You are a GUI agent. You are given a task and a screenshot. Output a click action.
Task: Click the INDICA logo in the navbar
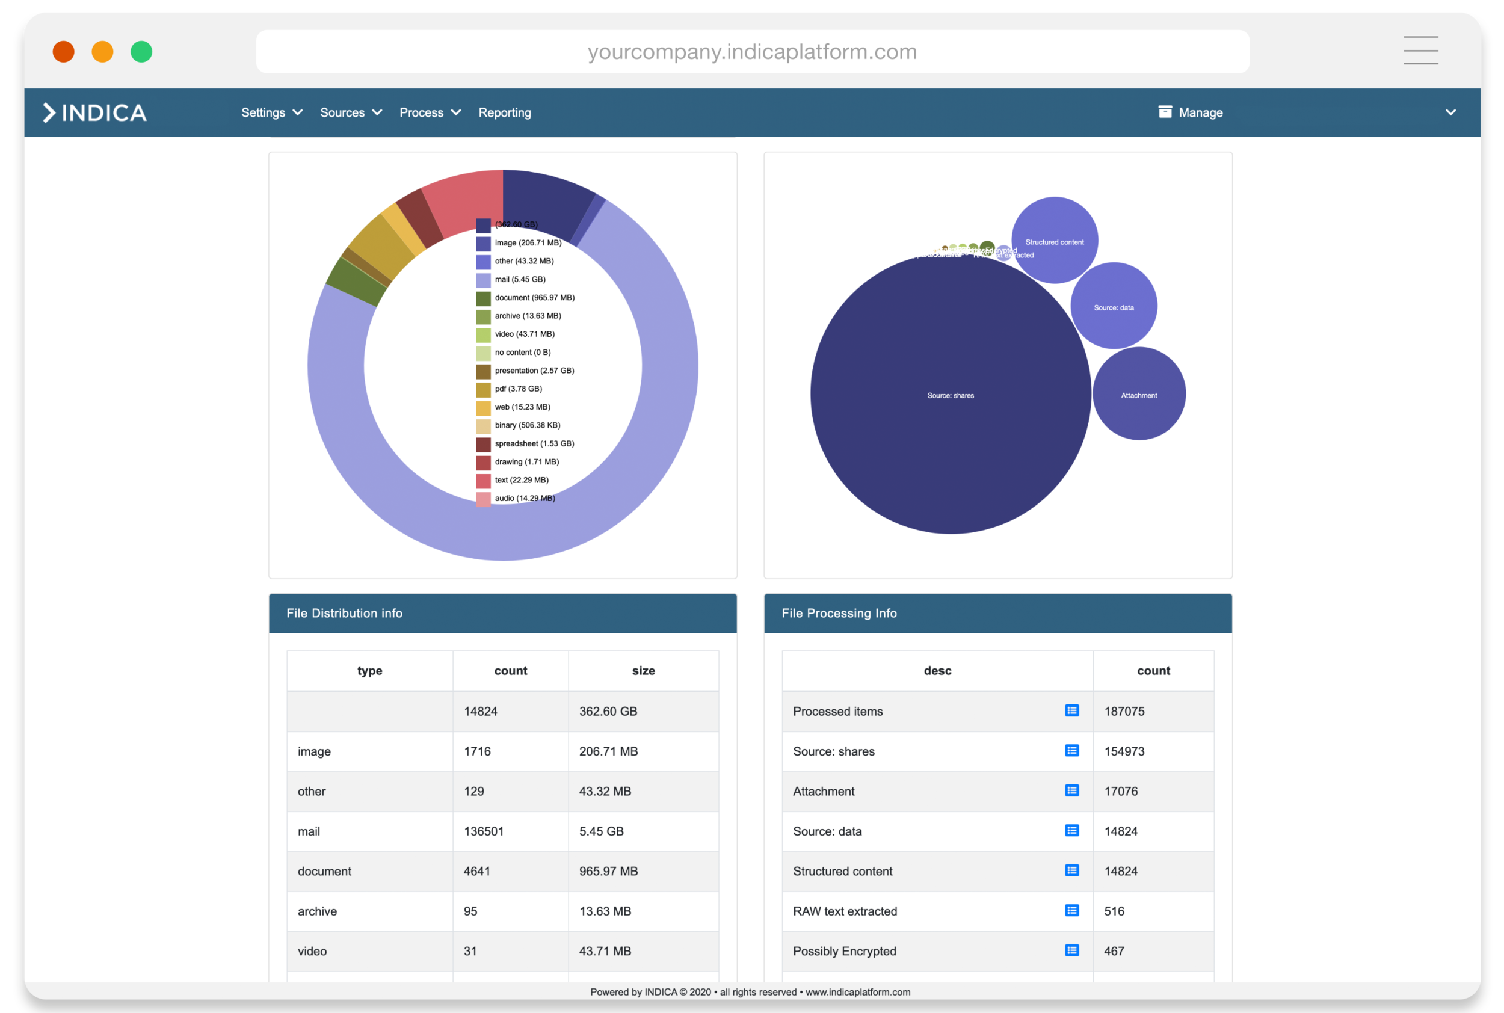[95, 113]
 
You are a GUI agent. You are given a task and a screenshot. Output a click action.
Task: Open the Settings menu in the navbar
[271, 113]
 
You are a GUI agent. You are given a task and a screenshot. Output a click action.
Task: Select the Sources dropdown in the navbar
[351, 113]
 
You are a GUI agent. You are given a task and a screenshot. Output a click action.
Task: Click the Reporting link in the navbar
[505, 113]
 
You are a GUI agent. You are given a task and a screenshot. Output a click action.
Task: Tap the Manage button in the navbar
[1191, 113]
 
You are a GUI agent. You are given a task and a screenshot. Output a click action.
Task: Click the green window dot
[141, 52]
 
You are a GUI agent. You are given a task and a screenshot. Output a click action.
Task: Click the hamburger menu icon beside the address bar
[1420, 51]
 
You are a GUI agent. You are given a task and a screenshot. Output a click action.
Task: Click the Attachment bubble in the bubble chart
[1138, 394]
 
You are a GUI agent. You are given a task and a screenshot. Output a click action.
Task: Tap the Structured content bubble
[1055, 241]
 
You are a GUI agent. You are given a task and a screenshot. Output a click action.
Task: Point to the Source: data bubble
[1113, 306]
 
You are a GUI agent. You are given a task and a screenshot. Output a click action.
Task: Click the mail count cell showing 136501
[483, 831]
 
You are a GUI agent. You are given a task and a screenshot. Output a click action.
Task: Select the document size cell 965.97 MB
[608, 872]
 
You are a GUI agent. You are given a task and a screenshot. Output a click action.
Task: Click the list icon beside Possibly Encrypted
[1071, 950]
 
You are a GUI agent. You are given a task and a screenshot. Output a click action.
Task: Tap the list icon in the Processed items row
[1071, 710]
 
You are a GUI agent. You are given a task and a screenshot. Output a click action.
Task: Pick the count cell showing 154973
[1124, 751]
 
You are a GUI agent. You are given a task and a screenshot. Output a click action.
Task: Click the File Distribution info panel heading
[344, 613]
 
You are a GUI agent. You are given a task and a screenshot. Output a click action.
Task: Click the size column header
[643, 671]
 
